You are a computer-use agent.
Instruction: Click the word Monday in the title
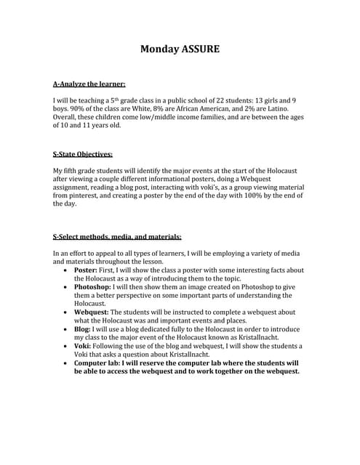(160, 49)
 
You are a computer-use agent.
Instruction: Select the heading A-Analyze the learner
(89, 84)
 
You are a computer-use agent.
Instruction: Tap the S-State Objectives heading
(83, 154)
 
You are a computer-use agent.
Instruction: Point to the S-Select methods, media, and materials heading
(117, 237)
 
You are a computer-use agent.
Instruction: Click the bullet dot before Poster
(67, 270)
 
